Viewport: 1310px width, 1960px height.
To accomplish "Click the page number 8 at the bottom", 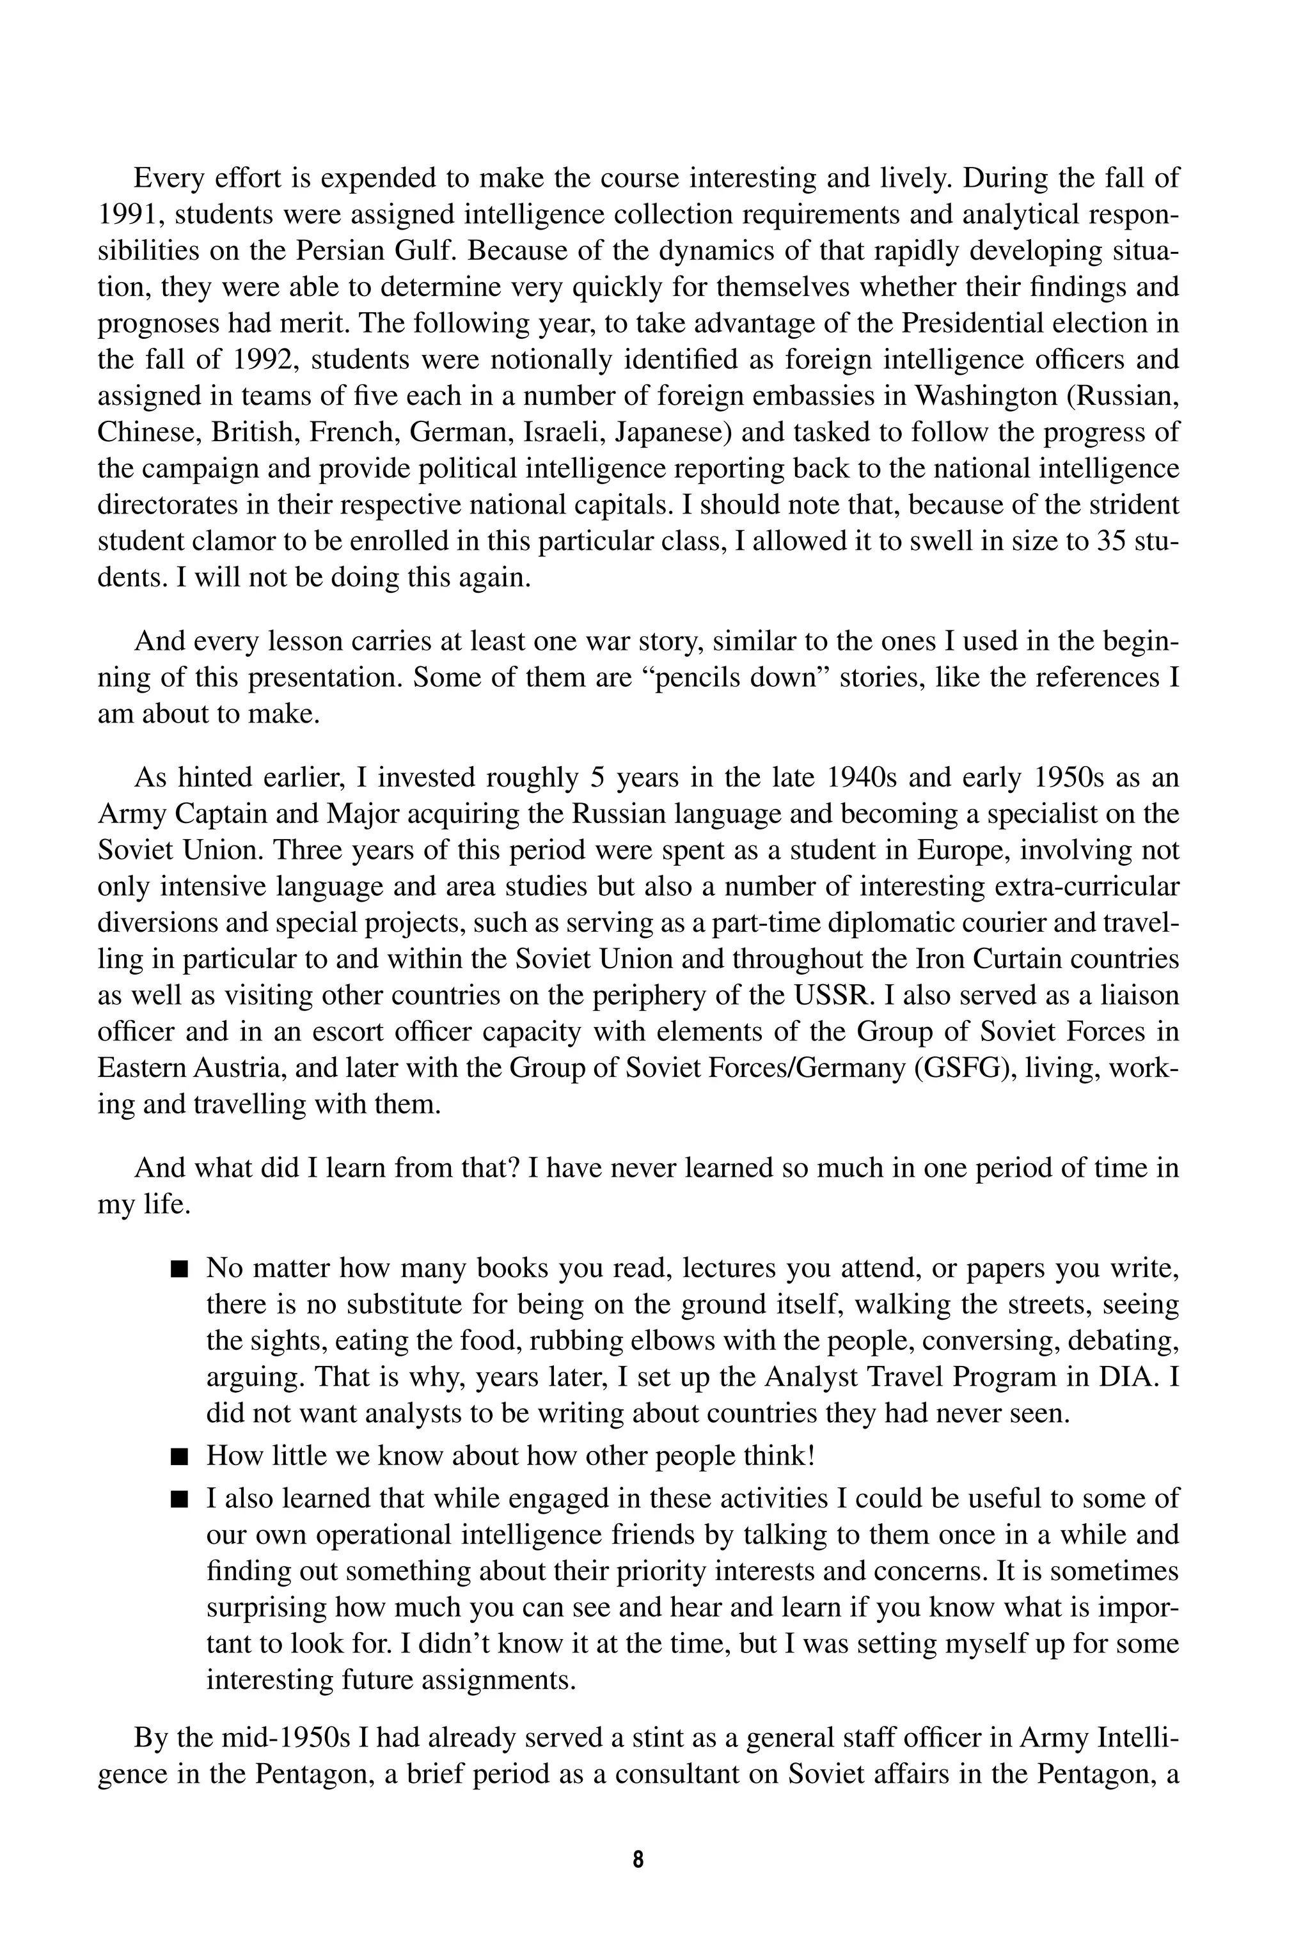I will (x=638, y=1859).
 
